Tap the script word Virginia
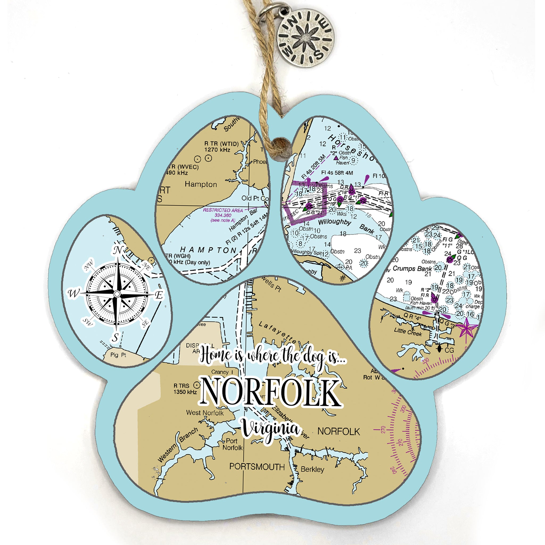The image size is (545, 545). (x=271, y=430)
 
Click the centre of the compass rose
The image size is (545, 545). (x=117, y=294)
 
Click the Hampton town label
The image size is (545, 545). (x=201, y=184)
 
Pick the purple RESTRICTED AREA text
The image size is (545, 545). (x=223, y=210)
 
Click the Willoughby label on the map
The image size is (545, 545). (x=335, y=222)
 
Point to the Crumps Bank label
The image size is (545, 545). (x=412, y=268)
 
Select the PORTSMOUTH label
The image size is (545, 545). (x=257, y=467)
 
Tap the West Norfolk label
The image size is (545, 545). (x=205, y=413)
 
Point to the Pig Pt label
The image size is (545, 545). (x=118, y=355)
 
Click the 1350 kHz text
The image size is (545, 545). (x=185, y=392)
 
